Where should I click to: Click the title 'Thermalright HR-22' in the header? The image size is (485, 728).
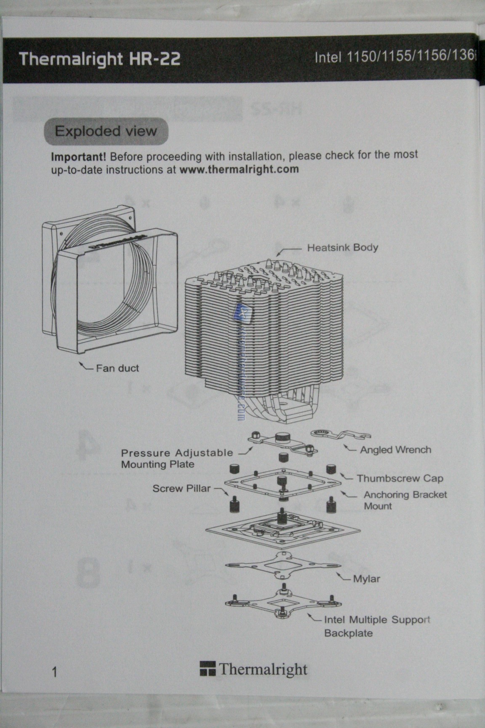(100, 59)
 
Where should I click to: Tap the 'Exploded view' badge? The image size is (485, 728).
(106, 131)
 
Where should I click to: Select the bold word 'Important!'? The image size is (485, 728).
(78, 157)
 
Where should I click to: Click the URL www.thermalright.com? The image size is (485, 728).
(239, 169)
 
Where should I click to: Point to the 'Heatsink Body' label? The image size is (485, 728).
(342, 247)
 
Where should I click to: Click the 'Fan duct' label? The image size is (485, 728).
(117, 368)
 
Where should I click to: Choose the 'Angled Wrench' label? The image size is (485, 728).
(395, 450)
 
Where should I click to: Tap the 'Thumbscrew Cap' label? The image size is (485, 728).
(400, 478)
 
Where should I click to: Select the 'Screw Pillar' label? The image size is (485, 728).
(181, 488)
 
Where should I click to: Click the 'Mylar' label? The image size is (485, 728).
(366, 579)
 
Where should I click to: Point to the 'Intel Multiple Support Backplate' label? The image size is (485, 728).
(377, 626)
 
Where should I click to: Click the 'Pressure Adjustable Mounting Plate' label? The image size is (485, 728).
(177, 458)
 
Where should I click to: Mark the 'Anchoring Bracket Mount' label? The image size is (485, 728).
(405, 500)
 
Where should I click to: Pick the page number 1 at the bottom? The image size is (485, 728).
(54, 672)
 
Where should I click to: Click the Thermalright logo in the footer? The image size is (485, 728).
(253, 669)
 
